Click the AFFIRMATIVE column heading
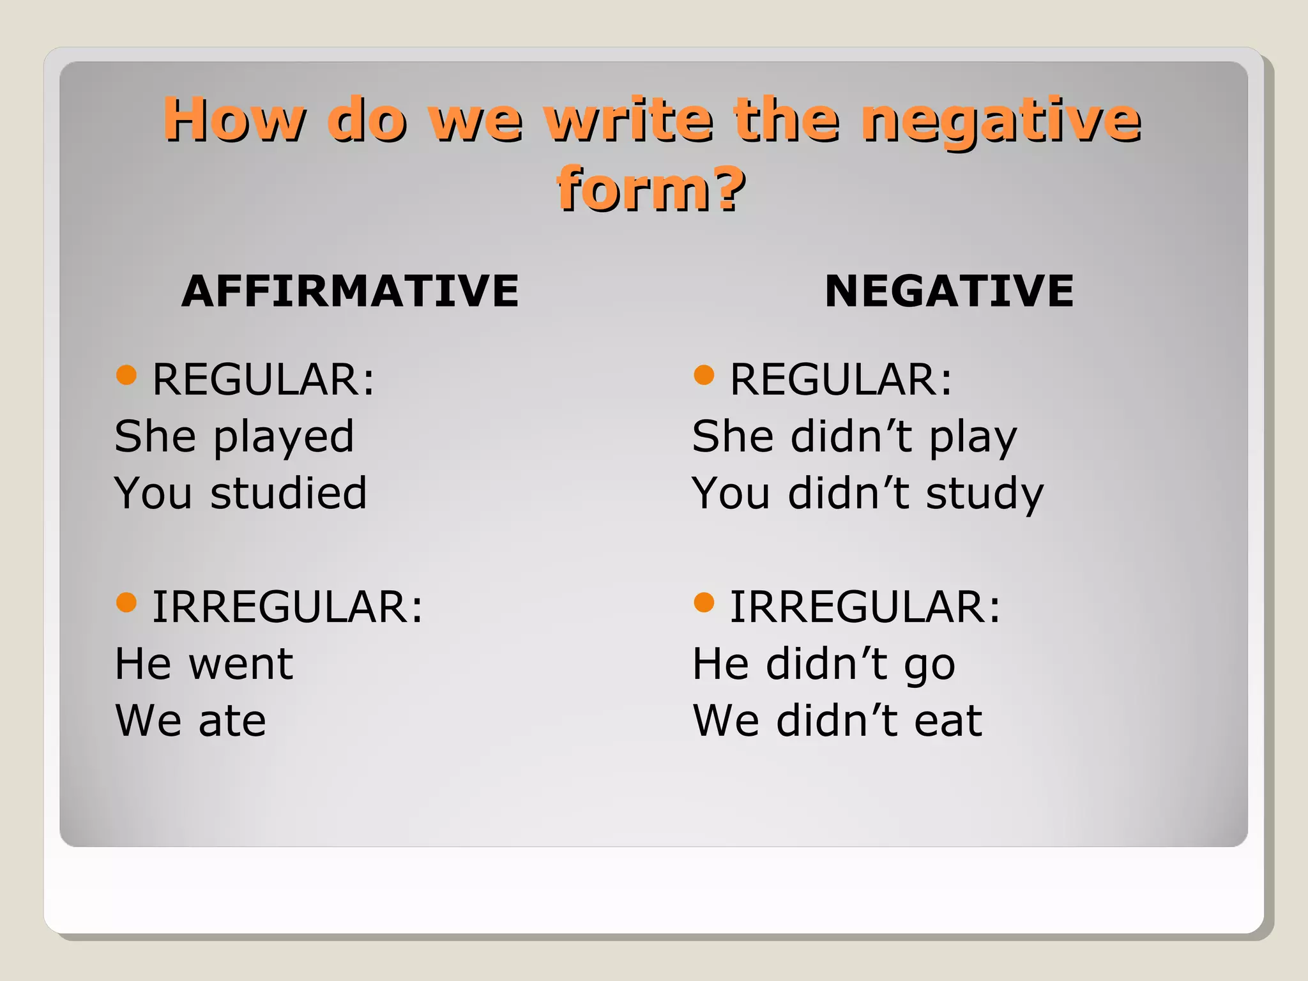coord(350,291)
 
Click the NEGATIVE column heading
coord(948,291)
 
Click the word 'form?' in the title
coord(650,189)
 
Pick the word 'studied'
coord(289,494)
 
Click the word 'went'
coord(241,664)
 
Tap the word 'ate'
coord(232,721)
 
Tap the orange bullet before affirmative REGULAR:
coord(126,375)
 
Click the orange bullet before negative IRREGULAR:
coord(703,602)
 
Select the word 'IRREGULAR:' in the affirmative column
coord(287,607)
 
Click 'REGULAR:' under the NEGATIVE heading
coord(840,380)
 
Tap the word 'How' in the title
coord(234,120)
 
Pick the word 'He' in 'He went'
coord(142,664)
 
